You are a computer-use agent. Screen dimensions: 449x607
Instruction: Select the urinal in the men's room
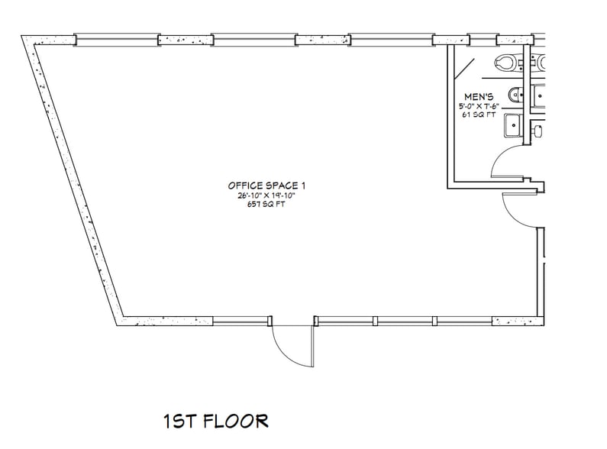[515, 95]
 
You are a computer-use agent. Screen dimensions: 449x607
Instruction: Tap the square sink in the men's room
[512, 125]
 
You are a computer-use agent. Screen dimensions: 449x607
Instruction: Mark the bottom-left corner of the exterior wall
[121, 321]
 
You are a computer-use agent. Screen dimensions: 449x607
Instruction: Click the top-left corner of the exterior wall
[27, 39]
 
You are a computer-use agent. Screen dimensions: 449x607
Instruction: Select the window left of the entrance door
[241, 321]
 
